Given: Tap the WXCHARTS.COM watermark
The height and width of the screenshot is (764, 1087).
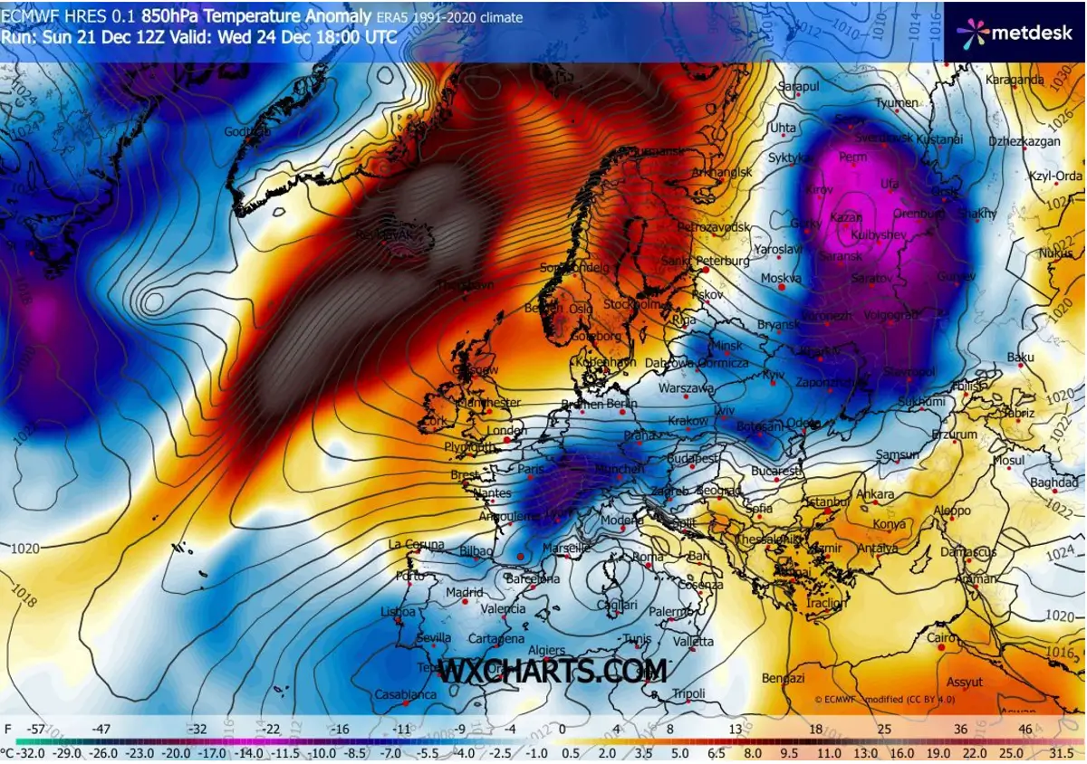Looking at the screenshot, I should [x=553, y=671].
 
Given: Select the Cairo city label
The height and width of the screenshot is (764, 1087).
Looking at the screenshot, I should [x=942, y=637].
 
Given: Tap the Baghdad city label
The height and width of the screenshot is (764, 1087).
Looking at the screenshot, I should [x=1053, y=482].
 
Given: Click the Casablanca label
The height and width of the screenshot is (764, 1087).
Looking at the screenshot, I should [x=406, y=695].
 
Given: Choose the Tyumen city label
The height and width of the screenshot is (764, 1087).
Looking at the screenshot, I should [x=896, y=103].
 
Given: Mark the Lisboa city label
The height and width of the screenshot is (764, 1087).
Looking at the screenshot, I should [x=398, y=612].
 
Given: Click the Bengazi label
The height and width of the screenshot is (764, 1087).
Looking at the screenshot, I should [x=784, y=678].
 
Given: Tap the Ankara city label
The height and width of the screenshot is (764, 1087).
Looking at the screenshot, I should [x=875, y=494].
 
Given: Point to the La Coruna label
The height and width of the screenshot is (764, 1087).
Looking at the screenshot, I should [x=416, y=544].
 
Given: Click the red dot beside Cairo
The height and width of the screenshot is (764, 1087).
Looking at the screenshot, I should [x=941, y=647].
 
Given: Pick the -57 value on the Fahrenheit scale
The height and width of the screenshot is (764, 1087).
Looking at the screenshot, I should [x=37, y=729].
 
